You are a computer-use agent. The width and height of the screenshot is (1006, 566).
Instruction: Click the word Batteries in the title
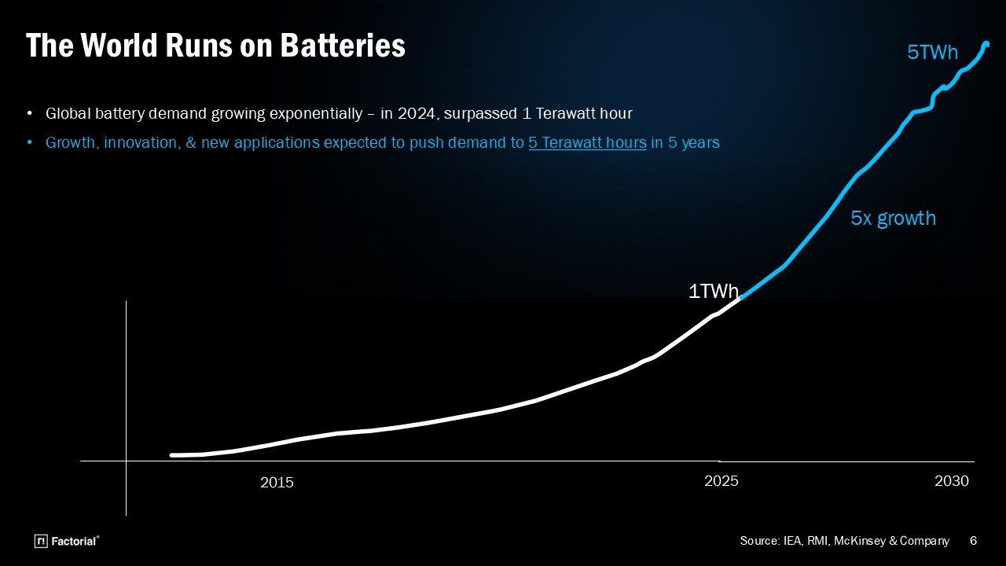coord(343,46)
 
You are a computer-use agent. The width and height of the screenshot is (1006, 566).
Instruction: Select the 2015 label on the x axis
coord(277,483)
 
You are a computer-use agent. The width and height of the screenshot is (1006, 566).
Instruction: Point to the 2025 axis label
coord(721,481)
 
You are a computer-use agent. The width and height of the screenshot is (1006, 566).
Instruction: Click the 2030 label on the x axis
coord(951,481)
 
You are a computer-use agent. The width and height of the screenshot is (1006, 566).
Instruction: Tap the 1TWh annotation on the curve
coord(713,292)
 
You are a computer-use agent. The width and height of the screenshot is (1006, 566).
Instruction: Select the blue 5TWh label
coord(932,53)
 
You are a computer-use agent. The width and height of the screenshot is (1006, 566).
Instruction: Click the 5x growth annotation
coord(893,219)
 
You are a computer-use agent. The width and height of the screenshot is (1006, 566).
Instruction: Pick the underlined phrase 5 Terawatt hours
coord(587,143)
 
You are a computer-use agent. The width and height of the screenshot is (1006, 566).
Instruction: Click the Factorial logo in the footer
coord(67,541)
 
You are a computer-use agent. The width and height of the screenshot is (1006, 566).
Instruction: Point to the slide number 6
coord(974,541)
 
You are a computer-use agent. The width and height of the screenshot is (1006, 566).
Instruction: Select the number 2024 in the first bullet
coord(417,114)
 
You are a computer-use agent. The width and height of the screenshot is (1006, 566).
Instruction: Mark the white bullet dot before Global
coord(30,114)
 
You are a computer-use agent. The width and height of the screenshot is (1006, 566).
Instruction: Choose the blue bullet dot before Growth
coord(30,143)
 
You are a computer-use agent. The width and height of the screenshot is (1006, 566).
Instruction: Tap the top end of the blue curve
coord(987,44)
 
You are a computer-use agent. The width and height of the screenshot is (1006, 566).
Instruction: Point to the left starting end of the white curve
coord(172,455)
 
